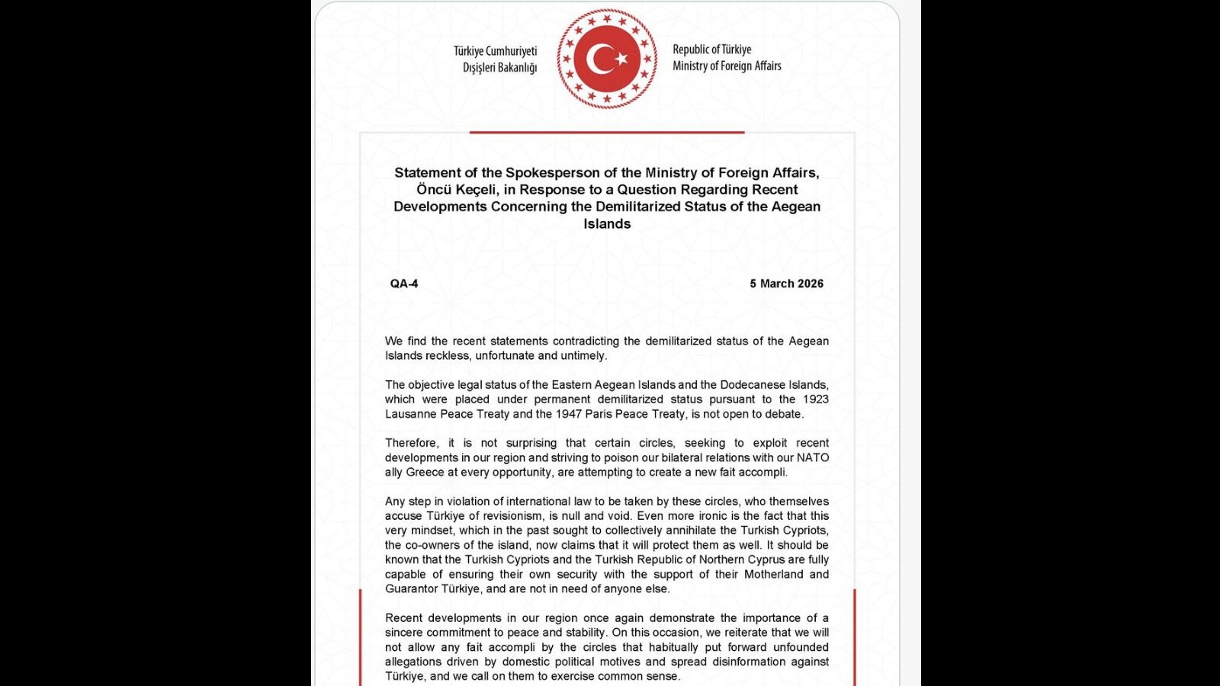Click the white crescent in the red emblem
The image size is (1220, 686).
(599, 59)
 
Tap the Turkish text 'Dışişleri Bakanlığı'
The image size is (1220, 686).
(499, 68)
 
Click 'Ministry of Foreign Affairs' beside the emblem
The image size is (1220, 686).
(727, 66)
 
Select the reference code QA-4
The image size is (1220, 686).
(404, 284)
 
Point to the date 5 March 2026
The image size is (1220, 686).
(786, 284)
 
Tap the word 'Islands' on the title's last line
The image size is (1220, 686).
(607, 224)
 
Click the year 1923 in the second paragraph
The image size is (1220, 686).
(815, 399)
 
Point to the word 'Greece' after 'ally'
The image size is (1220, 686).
(425, 473)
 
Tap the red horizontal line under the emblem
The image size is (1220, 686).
(607, 133)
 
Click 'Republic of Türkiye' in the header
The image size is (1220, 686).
(711, 50)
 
